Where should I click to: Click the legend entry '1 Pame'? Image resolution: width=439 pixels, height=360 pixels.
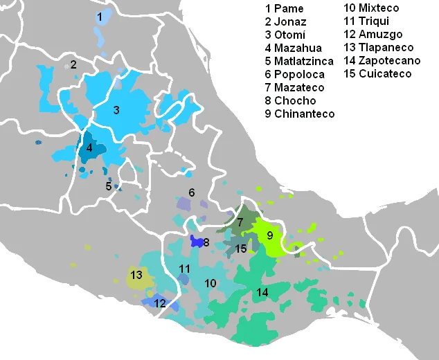[284, 8]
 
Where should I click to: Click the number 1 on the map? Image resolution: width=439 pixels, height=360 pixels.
[100, 16]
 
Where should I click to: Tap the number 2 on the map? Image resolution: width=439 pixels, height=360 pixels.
[73, 64]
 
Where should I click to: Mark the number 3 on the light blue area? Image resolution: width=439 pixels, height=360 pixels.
[116, 109]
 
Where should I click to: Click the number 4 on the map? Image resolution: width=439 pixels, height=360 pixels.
[89, 147]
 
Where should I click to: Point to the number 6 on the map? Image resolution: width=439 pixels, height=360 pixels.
[192, 192]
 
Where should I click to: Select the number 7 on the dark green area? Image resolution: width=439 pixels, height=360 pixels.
[240, 222]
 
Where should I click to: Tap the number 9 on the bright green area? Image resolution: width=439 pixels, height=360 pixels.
[269, 236]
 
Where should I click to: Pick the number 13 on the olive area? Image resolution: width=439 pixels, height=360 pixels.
[136, 276]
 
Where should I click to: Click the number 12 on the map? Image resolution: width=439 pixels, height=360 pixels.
[160, 303]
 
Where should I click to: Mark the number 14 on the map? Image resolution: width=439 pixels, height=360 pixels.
[262, 292]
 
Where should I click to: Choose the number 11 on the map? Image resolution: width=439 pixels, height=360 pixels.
[184, 269]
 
